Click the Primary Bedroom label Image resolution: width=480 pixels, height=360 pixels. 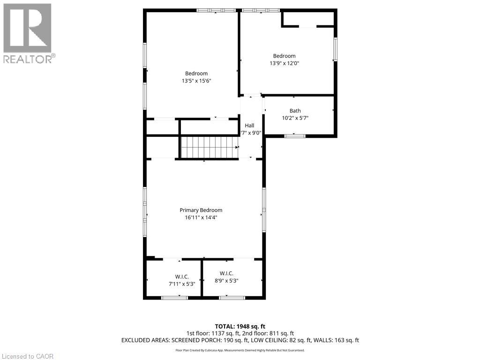click(201, 210)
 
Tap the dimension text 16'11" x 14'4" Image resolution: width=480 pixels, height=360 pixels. click(201, 217)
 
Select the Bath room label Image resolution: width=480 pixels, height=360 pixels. click(295, 111)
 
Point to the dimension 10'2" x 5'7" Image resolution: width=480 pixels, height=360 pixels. click(295, 118)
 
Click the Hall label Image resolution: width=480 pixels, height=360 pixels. click(249, 126)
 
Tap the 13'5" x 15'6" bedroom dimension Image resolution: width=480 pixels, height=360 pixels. click(196, 81)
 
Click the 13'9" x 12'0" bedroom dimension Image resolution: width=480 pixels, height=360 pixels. click(284, 63)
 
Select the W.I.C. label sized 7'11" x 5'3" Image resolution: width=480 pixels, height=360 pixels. click(182, 277)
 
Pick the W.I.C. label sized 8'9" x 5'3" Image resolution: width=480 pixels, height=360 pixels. click(226, 273)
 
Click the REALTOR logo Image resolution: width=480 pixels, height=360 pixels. click(28, 33)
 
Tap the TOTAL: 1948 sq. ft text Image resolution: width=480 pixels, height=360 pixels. click(240, 326)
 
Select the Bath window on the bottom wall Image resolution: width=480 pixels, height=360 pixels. click(295, 136)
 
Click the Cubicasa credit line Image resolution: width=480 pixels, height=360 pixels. click(240, 350)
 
